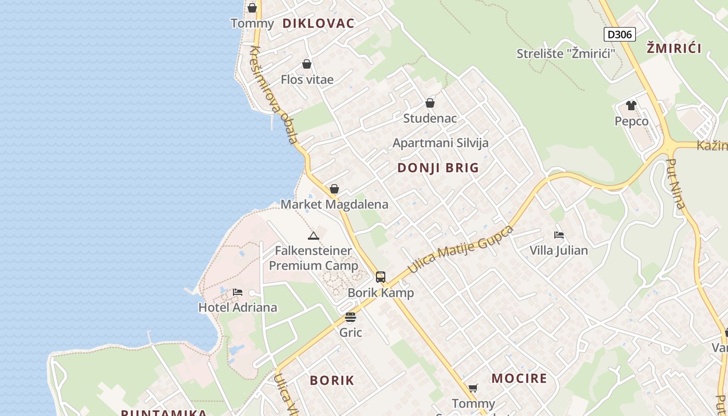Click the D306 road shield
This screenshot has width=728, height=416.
click(619, 35)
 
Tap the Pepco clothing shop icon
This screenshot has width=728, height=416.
click(631, 106)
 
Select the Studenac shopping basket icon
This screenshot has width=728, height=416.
click(430, 103)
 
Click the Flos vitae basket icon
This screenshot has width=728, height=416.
click(307, 64)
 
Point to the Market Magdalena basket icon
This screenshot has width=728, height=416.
click(334, 189)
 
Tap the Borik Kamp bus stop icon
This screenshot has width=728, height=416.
click(381, 277)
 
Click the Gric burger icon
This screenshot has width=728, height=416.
click(350, 317)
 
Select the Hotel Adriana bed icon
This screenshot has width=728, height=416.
click(238, 292)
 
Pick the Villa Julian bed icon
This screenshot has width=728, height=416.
click(559, 235)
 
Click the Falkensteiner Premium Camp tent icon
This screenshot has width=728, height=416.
click(313, 236)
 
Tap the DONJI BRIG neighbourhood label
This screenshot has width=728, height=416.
click(438, 168)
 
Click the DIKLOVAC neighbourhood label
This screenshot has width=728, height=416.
click(318, 23)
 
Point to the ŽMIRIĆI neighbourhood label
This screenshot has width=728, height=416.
click(674, 49)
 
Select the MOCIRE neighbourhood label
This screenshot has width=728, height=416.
click(519, 379)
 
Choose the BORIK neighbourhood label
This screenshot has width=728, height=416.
click(332, 381)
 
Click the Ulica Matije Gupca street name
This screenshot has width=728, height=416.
click(461, 249)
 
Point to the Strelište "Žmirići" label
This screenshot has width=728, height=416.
click(566, 54)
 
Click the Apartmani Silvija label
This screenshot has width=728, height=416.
click(440, 143)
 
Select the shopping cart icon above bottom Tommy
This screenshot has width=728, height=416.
click(473, 388)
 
